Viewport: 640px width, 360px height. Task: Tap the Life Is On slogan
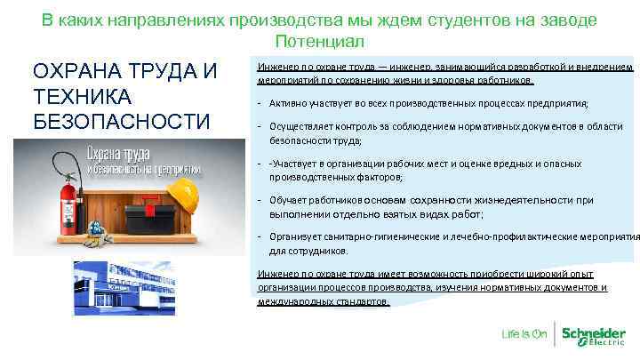pos(524,335)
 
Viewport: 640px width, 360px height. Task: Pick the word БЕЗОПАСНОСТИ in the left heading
pos(120,120)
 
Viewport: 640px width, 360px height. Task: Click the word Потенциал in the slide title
pos(319,42)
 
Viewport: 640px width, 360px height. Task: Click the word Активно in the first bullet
pos(284,104)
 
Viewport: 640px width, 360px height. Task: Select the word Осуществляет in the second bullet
pos(303,127)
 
